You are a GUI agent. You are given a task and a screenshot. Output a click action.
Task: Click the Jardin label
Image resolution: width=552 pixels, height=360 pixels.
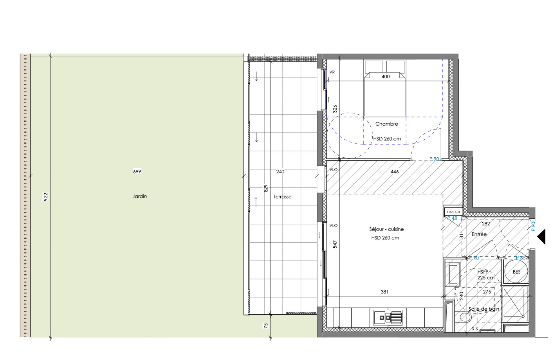pos(139,196)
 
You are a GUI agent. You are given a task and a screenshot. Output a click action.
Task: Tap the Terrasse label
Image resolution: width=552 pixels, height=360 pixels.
pos(282,197)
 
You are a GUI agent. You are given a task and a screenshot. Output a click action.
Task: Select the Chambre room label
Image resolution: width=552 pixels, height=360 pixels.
pos(386,124)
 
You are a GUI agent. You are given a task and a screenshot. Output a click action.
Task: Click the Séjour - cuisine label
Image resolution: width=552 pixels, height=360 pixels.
pos(386,229)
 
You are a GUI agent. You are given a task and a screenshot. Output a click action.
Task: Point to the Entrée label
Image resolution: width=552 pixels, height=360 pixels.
pos(479,234)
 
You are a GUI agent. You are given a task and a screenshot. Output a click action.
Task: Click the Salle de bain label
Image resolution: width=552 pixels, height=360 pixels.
pos(484,309)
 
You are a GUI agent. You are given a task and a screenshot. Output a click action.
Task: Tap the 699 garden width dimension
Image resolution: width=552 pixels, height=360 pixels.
pos(137,171)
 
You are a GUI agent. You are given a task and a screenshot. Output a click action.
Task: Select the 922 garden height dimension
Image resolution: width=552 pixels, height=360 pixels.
pos(45,197)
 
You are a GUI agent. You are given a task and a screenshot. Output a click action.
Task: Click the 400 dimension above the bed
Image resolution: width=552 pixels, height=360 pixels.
pos(386,77)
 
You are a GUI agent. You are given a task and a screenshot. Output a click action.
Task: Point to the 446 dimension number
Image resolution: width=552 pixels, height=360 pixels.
pos(395,172)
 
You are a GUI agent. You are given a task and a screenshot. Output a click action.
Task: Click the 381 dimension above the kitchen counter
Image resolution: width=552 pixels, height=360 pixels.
pos(384,292)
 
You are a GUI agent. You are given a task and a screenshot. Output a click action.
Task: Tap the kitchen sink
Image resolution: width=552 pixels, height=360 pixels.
pos(388,317)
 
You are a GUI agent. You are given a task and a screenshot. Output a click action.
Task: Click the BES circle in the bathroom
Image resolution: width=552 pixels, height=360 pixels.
pos(516,272)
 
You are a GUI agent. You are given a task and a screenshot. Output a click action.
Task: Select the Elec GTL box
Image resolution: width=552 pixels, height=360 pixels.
pos(453,212)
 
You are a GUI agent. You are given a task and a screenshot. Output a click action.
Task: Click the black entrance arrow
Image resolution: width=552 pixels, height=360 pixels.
pos(541,237)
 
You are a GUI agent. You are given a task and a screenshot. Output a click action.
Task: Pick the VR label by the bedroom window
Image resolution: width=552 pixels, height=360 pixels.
pos(332,72)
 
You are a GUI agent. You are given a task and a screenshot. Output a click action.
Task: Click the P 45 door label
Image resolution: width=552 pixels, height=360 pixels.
pos(452,218)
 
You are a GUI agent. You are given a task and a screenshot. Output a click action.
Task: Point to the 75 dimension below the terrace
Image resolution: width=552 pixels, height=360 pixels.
pos(266,326)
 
